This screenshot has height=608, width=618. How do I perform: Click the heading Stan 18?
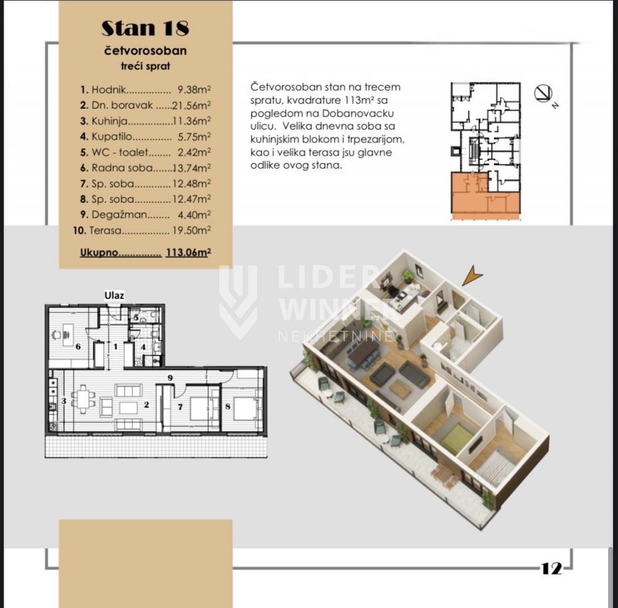tap(145, 28)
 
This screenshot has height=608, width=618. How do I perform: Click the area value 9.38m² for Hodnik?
tap(194, 90)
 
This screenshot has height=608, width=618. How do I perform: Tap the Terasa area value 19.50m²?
tap(192, 231)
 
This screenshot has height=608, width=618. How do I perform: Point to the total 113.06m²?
tap(188, 252)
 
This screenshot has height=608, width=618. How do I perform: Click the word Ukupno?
tap(99, 252)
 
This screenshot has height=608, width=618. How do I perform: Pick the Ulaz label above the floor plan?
tap(114, 295)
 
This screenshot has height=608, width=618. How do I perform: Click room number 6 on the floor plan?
tap(78, 346)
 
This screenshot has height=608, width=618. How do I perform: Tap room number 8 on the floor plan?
tap(228, 406)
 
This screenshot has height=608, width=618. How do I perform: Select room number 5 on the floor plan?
tap(137, 318)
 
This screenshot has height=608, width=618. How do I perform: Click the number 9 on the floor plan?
tap(171, 377)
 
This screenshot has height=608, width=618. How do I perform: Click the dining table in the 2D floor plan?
tap(83, 400)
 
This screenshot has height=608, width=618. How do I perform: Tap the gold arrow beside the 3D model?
tap(473, 275)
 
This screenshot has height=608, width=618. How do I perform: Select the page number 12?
tap(552, 568)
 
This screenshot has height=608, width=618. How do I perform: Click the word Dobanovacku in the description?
tap(358, 113)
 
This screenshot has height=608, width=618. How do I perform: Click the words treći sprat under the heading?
tap(145, 66)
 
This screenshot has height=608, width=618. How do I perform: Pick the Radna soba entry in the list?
tap(122, 168)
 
